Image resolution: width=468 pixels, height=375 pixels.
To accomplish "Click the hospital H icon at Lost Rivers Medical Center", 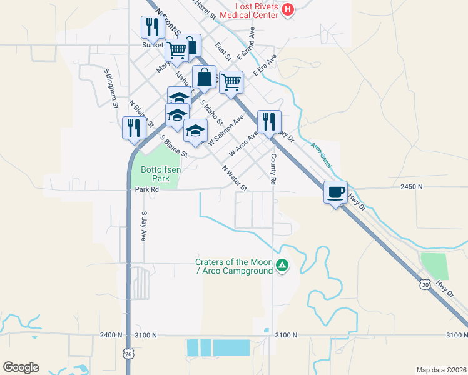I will coord(287,9).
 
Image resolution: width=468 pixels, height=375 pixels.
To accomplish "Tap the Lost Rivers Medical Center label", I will coord(248,10).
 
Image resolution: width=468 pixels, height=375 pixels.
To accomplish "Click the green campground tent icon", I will coord(283,266).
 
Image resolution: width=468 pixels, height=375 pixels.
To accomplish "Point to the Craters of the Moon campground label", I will coord(233,266).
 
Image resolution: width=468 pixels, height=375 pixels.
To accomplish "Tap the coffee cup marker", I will coord(336,192).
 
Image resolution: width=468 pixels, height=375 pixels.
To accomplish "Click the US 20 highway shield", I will coord(426,285).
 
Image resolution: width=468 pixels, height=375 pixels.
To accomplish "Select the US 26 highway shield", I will coord(128,352).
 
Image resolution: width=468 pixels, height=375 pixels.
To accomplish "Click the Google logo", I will coord(21,367).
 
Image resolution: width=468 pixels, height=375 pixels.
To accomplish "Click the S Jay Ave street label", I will coord(144,226).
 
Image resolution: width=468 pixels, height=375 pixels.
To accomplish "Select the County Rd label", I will coord(273,169).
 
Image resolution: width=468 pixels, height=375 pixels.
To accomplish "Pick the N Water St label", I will coord(235,177).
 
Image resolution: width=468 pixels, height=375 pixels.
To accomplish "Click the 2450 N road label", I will coord(412,186).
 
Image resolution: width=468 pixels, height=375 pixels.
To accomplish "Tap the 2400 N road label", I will coord(111,336).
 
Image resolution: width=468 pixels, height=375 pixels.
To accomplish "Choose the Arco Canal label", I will coord(322,154).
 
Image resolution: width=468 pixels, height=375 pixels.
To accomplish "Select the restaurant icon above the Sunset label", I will coord(153,27).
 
